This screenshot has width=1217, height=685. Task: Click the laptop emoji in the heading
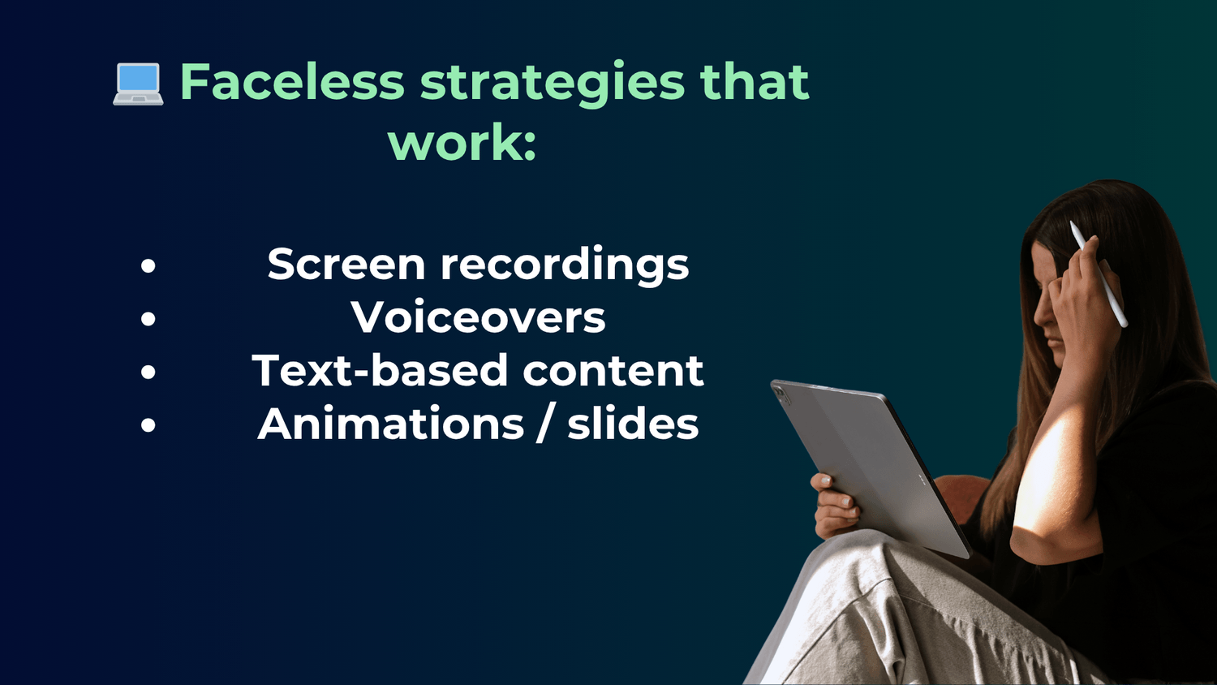(x=138, y=84)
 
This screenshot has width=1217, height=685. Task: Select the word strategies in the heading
(x=553, y=84)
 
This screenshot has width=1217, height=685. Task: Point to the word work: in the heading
(x=462, y=142)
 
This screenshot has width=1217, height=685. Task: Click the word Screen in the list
(x=346, y=265)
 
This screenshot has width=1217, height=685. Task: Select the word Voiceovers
(x=478, y=317)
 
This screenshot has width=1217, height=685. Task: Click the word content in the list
(x=613, y=371)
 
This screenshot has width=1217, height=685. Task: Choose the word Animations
(x=390, y=423)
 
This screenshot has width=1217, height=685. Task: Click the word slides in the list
(x=633, y=423)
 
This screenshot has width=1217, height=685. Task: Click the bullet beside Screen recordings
(x=148, y=266)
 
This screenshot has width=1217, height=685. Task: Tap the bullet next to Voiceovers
(x=148, y=319)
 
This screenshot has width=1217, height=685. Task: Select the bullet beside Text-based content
(x=148, y=372)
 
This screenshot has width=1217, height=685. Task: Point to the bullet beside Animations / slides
(x=148, y=424)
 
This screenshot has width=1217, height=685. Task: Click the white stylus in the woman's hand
(x=1099, y=274)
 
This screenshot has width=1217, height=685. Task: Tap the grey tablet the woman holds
(x=869, y=467)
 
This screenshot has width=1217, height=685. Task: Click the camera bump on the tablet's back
(x=782, y=394)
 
